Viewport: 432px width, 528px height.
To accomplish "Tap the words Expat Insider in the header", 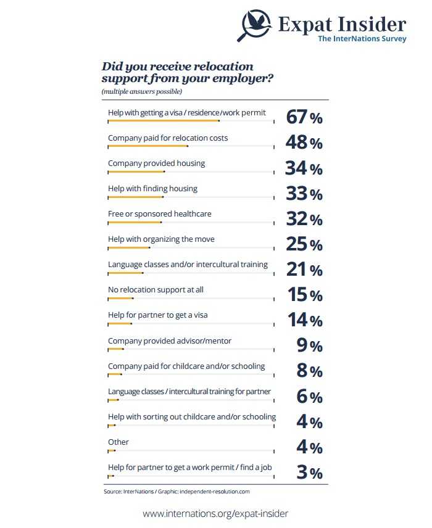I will (x=342, y=25).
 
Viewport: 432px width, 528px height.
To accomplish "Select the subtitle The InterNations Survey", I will (x=362, y=39).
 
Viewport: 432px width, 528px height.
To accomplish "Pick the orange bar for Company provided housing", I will (x=136, y=171).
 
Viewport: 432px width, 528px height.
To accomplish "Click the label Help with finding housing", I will (x=152, y=188).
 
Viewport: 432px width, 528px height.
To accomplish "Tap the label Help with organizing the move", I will (x=161, y=239).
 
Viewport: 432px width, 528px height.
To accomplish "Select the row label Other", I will (x=118, y=442).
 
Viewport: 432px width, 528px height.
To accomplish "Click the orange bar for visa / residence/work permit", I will (x=164, y=121).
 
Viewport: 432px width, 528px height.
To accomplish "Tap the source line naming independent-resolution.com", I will (x=176, y=492).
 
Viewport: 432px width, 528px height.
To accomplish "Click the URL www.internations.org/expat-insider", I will (x=215, y=513).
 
